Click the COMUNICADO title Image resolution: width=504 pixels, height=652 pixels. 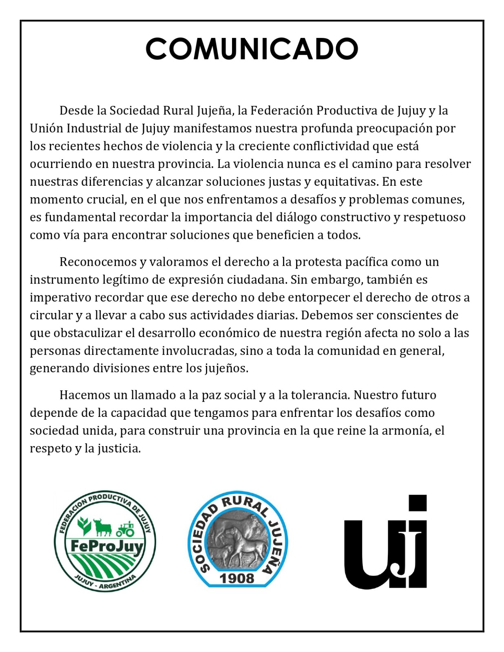[252, 49]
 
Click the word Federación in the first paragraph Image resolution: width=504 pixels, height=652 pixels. [281, 110]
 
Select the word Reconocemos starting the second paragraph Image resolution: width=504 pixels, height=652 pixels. [98, 262]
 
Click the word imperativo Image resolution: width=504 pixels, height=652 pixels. [60, 297]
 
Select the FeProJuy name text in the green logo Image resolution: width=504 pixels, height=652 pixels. [107, 546]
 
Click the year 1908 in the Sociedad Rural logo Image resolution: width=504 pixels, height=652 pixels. [237, 578]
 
